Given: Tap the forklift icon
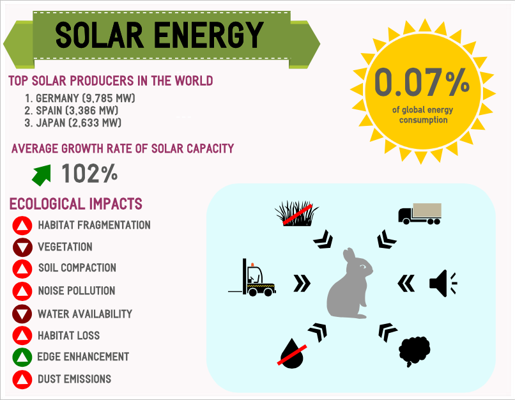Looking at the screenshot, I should click(x=252, y=279).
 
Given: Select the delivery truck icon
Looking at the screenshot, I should click(x=420, y=214).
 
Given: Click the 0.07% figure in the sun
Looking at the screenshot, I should click(x=422, y=83).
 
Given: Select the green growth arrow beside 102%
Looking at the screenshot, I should click(x=42, y=173).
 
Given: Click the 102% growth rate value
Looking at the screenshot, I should click(x=89, y=173).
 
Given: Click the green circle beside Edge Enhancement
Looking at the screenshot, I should click(x=22, y=357).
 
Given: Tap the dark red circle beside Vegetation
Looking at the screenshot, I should click(x=22, y=247).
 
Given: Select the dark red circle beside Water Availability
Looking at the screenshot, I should click(x=22, y=314).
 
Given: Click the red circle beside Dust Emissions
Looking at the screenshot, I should click(x=22, y=380).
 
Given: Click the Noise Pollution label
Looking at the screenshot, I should click(x=77, y=291).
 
